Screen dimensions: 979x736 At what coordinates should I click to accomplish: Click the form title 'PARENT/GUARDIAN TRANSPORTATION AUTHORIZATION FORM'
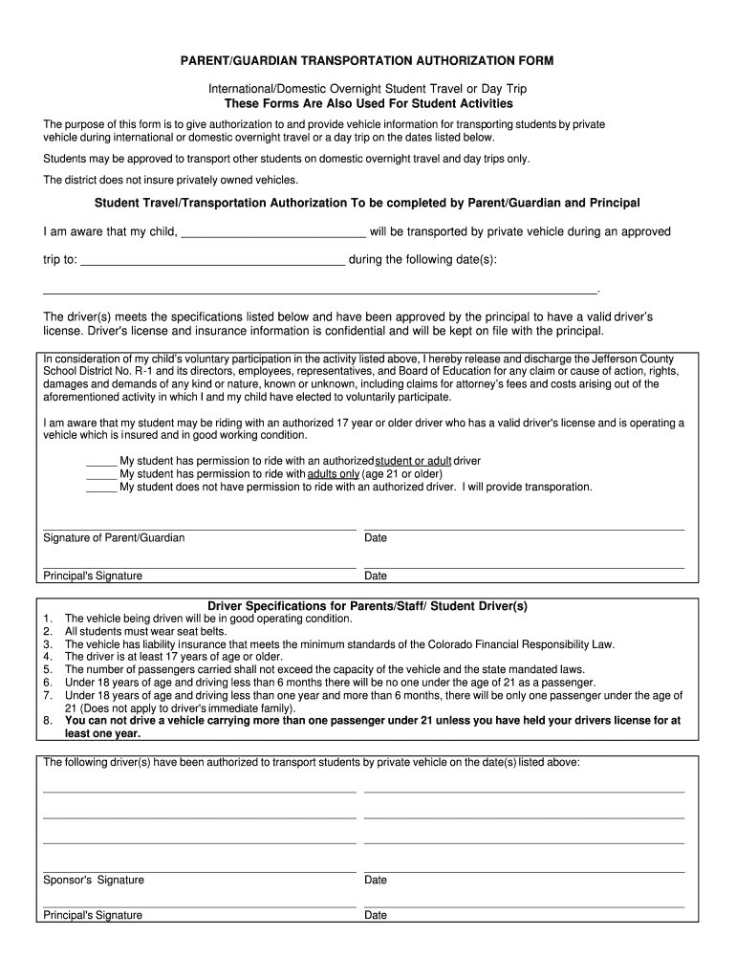pyautogui.click(x=368, y=61)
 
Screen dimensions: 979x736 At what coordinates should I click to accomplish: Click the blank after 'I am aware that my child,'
pyautogui.click(x=272, y=233)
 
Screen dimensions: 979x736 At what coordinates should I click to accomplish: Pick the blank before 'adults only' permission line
pyautogui.click(x=101, y=474)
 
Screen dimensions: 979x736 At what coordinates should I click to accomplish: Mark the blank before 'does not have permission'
pyautogui.click(x=101, y=488)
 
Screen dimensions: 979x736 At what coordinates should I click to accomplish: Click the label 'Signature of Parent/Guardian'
pyautogui.click(x=114, y=538)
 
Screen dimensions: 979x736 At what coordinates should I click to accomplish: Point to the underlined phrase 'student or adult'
pyautogui.click(x=413, y=461)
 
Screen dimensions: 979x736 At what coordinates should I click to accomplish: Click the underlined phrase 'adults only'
pyautogui.click(x=334, y=474)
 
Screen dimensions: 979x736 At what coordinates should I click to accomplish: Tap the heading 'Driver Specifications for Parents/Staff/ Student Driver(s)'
pyautogui.click(x=368, y=606)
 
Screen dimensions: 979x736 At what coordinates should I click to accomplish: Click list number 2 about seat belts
pyautogui.click(x=48, y=632)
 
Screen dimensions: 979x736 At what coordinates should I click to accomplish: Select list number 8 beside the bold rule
pyautogui.click(x=48, y=721)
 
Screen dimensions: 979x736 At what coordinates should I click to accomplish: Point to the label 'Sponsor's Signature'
pyautogui.click(x=94, y=881)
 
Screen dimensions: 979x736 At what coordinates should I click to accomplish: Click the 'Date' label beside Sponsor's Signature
pyautogui.click(x=376, y=881)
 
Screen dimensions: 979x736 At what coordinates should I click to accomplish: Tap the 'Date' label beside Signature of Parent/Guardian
pyautogui.click(x=376, y=538)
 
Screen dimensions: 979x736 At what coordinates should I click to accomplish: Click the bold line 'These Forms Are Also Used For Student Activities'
pyautogui.click(x=368, y=103)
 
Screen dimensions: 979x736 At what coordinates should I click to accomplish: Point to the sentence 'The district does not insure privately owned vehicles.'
pyautogui.click(x=171, y=180)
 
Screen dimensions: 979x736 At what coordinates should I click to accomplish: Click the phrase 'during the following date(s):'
pyautogui.click(x=422, y=260)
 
